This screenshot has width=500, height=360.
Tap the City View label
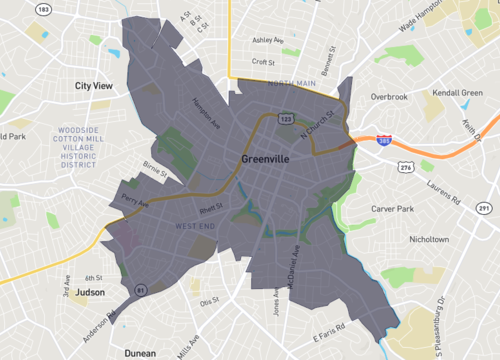tap(96, 86)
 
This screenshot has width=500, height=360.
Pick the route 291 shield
tap(484, 208)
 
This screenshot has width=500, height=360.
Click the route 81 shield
tap(142, 290)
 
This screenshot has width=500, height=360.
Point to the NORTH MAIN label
tap(291, 84)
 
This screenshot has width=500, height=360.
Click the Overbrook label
tap(390, 97)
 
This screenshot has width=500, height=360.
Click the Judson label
tap(90, 293)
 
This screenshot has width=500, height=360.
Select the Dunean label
tap(140, 353)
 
